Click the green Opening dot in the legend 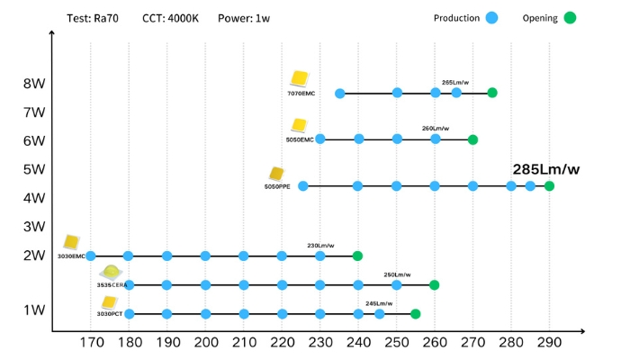[x=570, y=18]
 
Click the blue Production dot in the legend [x=491, y=18]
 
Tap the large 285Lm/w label [x=545, y=169]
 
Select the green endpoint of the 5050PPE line [x=549, y=186]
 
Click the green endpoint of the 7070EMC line [x=492, y=93]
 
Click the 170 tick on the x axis [x=91, y=342]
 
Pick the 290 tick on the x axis [x=549, y=342]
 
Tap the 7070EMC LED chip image [x=299, y=79]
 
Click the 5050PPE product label [x=277, y=186]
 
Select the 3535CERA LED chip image [x=112, y=272]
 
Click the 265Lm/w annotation [x=454, y=82]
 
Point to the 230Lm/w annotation [x=320, y=246]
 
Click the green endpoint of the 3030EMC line [x=357, y=256]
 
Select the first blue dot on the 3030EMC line [x=90, y=256]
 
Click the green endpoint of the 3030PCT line [x=415, y=314]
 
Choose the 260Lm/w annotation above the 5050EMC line [x=435, y=128]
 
